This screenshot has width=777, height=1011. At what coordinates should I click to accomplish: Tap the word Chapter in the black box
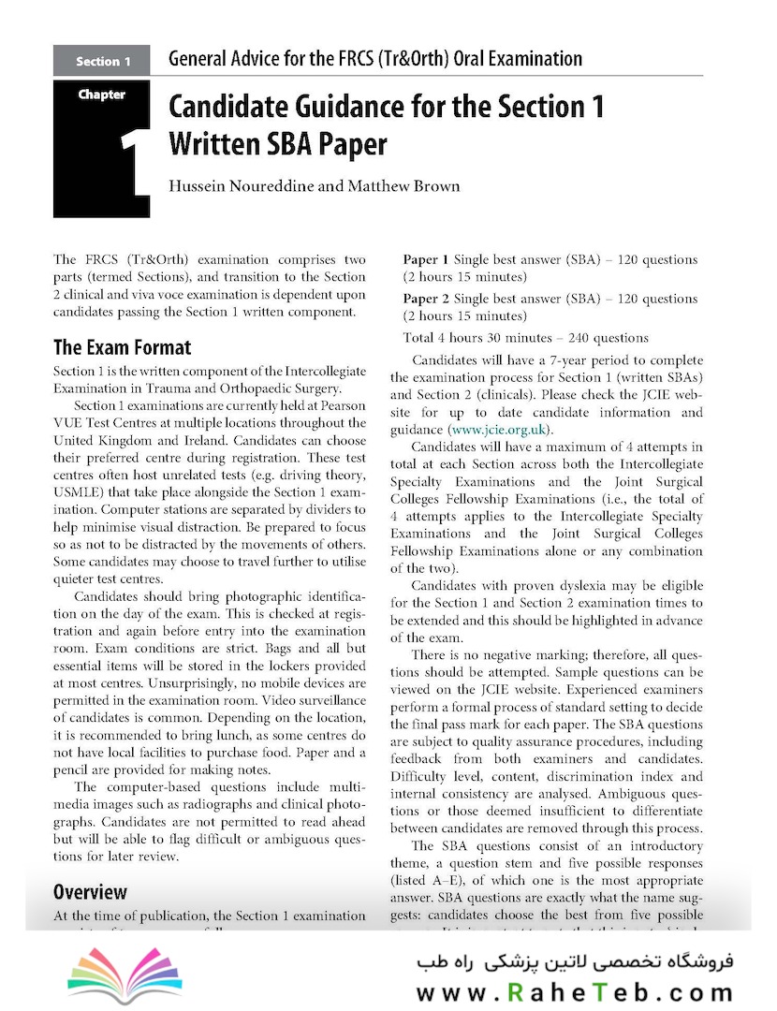coord(102,95)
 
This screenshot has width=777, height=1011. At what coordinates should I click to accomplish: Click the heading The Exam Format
coord(122,348)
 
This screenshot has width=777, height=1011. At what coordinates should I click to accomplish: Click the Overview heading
coord(90,891)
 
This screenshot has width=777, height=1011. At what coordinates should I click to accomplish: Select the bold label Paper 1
coord(426,259)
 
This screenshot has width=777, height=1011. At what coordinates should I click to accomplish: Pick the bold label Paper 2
coord(426,299)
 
